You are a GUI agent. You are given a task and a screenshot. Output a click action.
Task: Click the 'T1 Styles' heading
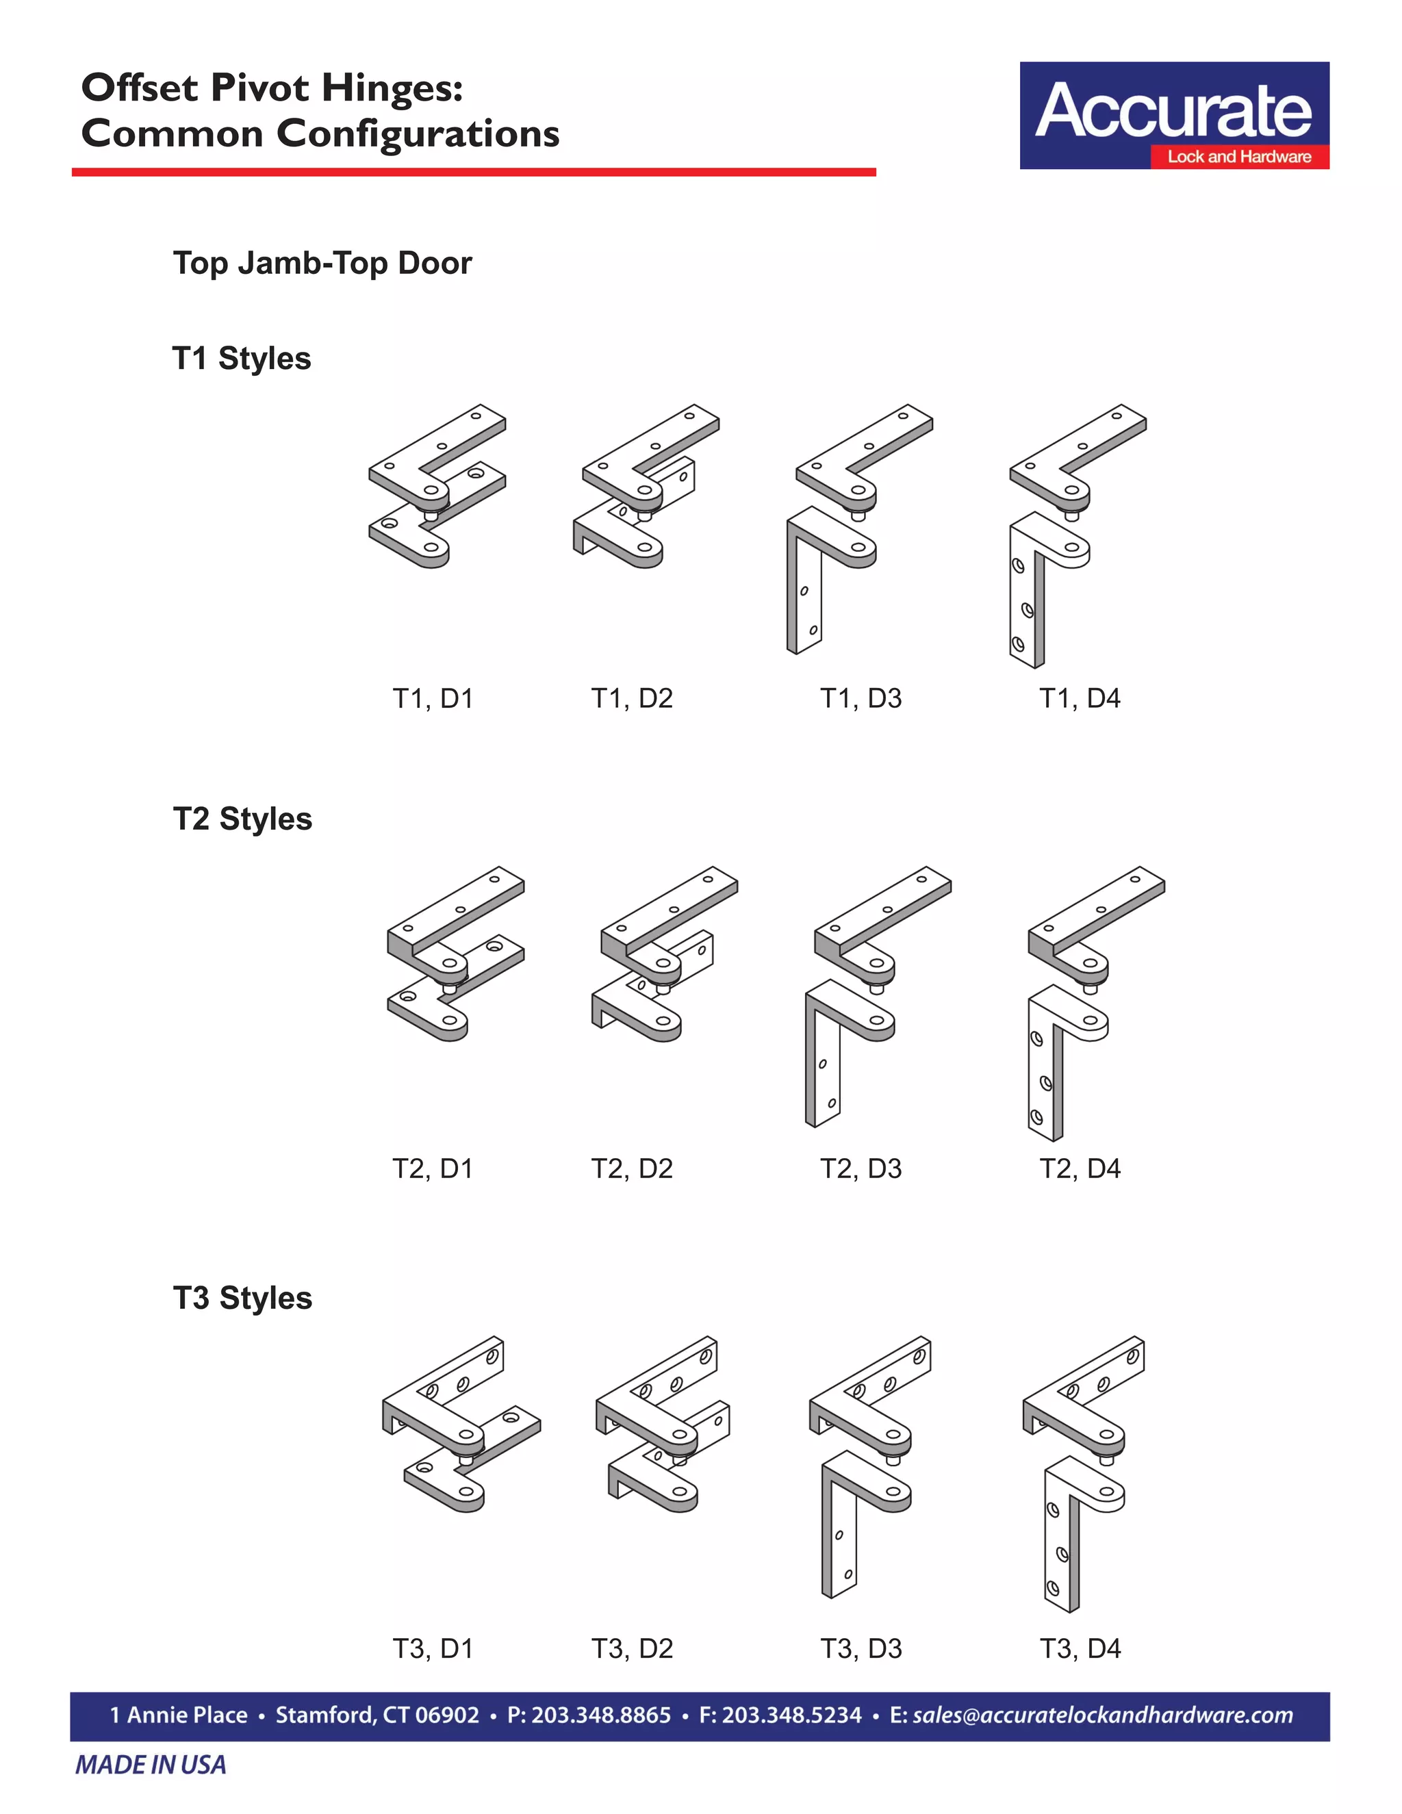click(242, 358)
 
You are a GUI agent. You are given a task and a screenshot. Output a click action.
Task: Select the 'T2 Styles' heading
click(242, 818)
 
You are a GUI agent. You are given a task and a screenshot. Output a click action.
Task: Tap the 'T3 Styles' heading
click(242, 1297)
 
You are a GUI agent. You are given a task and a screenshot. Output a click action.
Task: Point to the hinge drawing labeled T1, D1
click(437, 487)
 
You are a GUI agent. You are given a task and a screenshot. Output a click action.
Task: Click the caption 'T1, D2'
click(632, 698)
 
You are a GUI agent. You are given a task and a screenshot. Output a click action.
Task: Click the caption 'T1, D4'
click(1080, 698)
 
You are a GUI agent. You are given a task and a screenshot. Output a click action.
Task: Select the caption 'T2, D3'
click(861, 1168)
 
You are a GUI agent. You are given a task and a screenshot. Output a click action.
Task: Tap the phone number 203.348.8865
click(600, 1715)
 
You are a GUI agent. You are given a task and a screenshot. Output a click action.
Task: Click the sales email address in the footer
click(1103, 1715)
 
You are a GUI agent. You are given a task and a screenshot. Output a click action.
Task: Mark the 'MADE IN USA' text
click(151, 1765)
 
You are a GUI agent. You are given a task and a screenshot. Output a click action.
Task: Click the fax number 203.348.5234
click(791, 1715)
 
